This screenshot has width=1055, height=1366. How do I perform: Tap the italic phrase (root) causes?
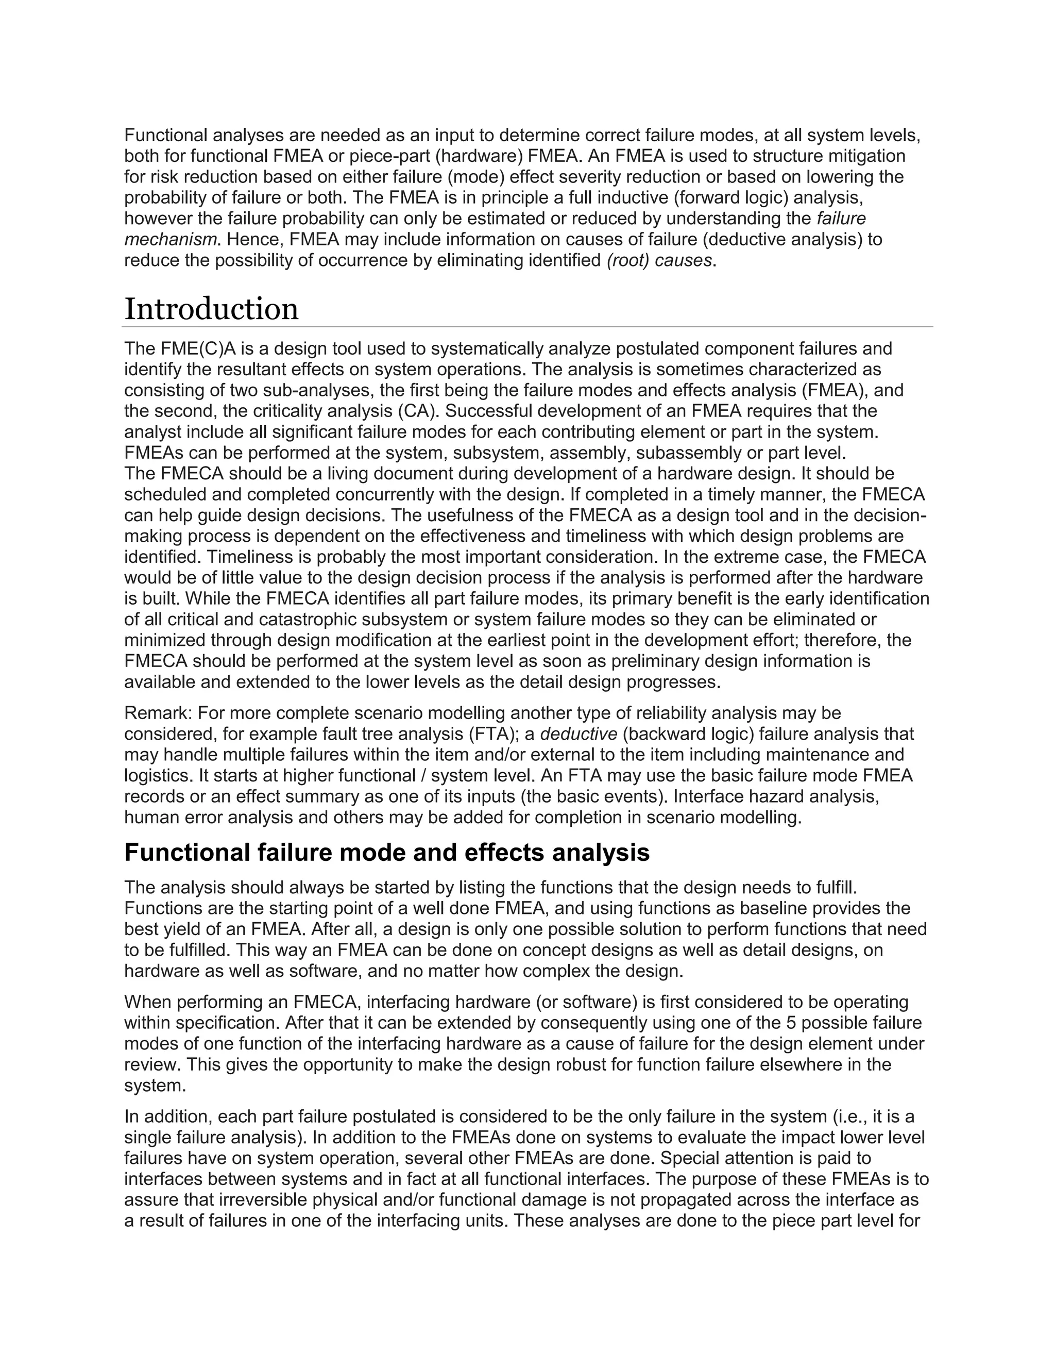(660, 260)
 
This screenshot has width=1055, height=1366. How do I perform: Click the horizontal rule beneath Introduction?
(527, 326)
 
